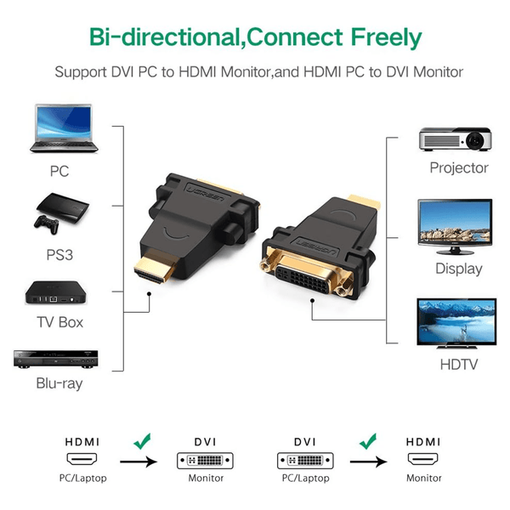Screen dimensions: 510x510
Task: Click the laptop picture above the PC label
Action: [x=64, y=128]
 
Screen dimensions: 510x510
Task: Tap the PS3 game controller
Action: [x=47, y=224]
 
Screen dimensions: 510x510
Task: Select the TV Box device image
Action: [x=55, y=292]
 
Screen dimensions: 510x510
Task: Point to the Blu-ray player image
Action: [x=55, y=359]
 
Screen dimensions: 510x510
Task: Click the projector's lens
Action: [x=475, y=140]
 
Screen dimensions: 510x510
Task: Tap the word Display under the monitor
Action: [x=459, y=269]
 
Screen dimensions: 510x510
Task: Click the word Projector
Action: [x=459, y=167]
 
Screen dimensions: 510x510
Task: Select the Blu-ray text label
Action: [x=59, y=383]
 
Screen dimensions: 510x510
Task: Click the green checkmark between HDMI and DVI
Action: [x=142, y=441]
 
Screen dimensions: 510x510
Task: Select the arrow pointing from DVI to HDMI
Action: [x=369, y=462]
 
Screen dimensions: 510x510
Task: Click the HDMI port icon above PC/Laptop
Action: [x=82, y=459]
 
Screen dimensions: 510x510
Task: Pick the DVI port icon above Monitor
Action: [x=205, y=460]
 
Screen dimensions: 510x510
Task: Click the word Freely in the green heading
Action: [x=386, y=37]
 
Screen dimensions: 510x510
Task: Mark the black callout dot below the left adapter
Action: [x=149, y=294]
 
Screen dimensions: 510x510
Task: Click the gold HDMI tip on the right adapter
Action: [x=365, y=201]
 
